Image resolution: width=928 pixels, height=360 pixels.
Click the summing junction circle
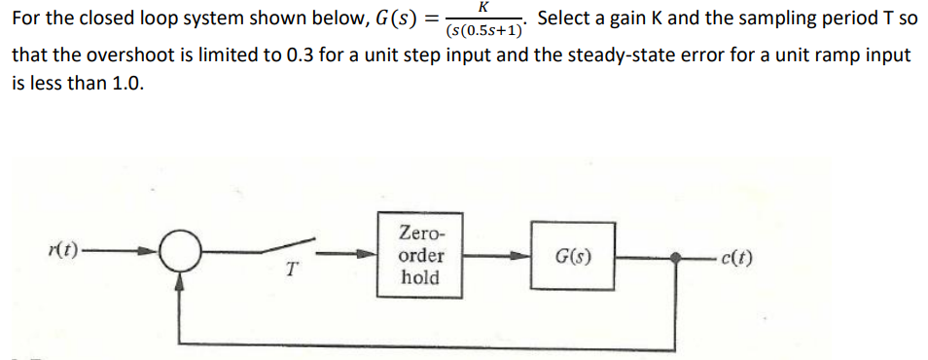click(x=181, y=256)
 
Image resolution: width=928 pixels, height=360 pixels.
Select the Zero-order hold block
click(x=419, y=256)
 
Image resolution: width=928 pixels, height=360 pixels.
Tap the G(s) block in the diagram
click(x=573, y=257)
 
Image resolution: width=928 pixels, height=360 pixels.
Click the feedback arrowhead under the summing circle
click(x=181, y=283)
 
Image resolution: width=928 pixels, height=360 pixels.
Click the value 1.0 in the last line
click(x=125, y=84)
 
